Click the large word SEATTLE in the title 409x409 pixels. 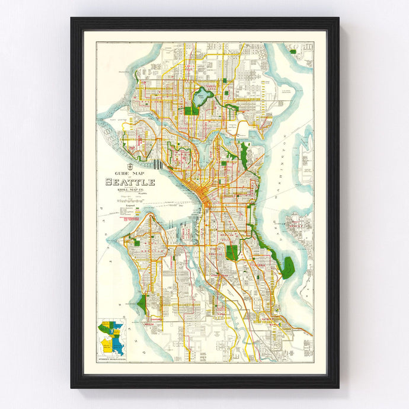point(130,182)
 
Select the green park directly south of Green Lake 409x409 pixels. point(191,110)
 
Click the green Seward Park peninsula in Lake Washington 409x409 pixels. point(288,267)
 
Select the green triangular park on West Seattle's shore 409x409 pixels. point(142,303)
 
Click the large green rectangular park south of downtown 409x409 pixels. point(233,253)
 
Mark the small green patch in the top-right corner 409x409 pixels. point(293,52)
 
